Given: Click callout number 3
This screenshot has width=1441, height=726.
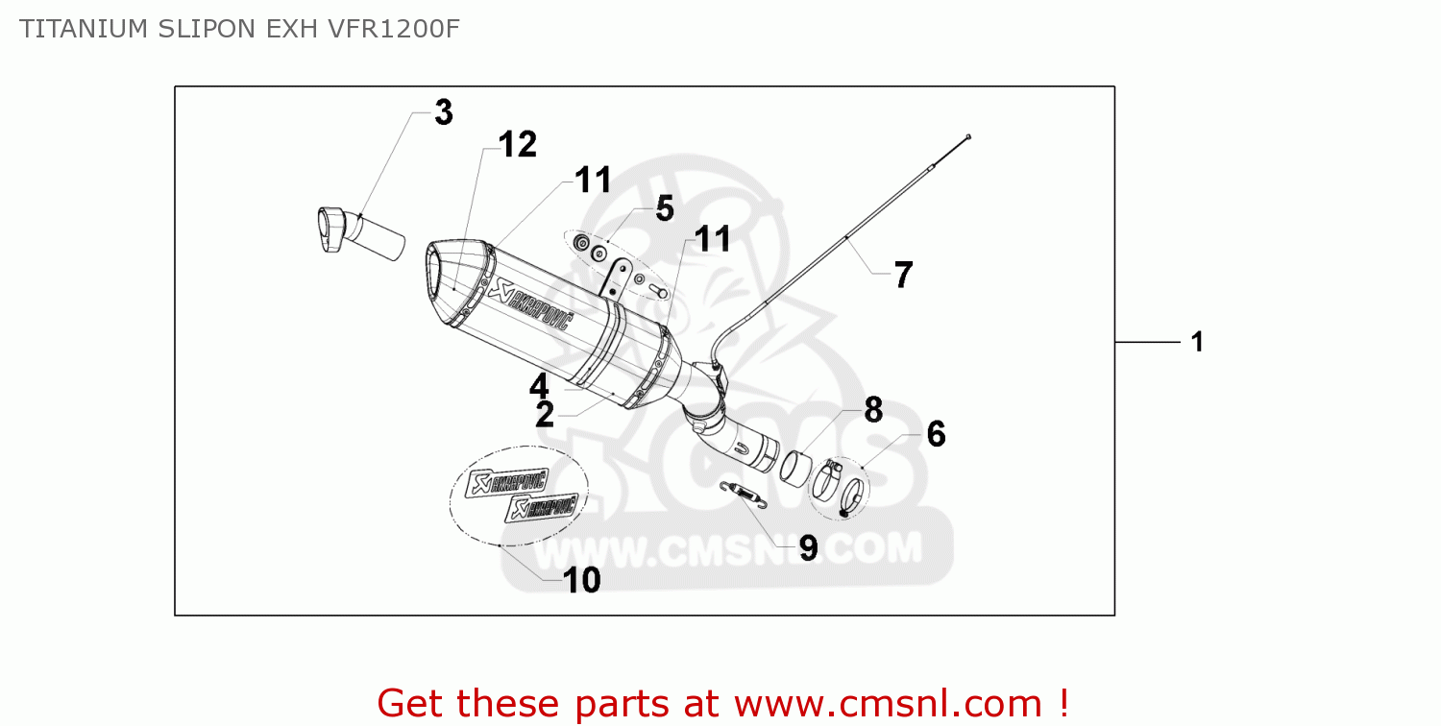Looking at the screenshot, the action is pos(444,112).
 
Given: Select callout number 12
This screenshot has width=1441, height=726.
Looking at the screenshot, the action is pos(517,144).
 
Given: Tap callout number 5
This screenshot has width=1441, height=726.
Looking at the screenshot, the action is pos(665,209).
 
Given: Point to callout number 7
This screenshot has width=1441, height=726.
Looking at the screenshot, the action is pos(903,276).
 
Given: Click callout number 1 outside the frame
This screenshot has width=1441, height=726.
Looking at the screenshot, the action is pos(1197,342).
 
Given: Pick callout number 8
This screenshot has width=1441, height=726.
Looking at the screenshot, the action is pos(873,410).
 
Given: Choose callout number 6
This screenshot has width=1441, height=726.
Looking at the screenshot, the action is pos(936,434).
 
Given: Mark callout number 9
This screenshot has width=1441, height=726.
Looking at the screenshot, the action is pos(809,548).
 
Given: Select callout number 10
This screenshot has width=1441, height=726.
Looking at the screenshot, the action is pos(581,580).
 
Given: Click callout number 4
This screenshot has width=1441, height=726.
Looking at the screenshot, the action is pos(539,386).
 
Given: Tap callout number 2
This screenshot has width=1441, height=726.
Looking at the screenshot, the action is pos(545,414).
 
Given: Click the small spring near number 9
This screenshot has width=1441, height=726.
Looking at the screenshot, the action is pos(744,495).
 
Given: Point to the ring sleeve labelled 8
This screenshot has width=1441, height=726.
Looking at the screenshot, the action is pos(795,467).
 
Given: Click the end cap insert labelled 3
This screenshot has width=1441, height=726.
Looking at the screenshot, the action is pos(361,232).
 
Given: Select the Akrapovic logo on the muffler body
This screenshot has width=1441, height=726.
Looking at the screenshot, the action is pos(530,304).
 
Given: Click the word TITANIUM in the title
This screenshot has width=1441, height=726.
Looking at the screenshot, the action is pos(84,29).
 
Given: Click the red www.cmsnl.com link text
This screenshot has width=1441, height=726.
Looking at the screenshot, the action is pos(888,704).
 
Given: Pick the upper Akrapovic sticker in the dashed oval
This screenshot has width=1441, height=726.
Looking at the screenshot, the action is pos(507,483).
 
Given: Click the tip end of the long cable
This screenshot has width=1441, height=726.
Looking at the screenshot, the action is pos(968,137).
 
